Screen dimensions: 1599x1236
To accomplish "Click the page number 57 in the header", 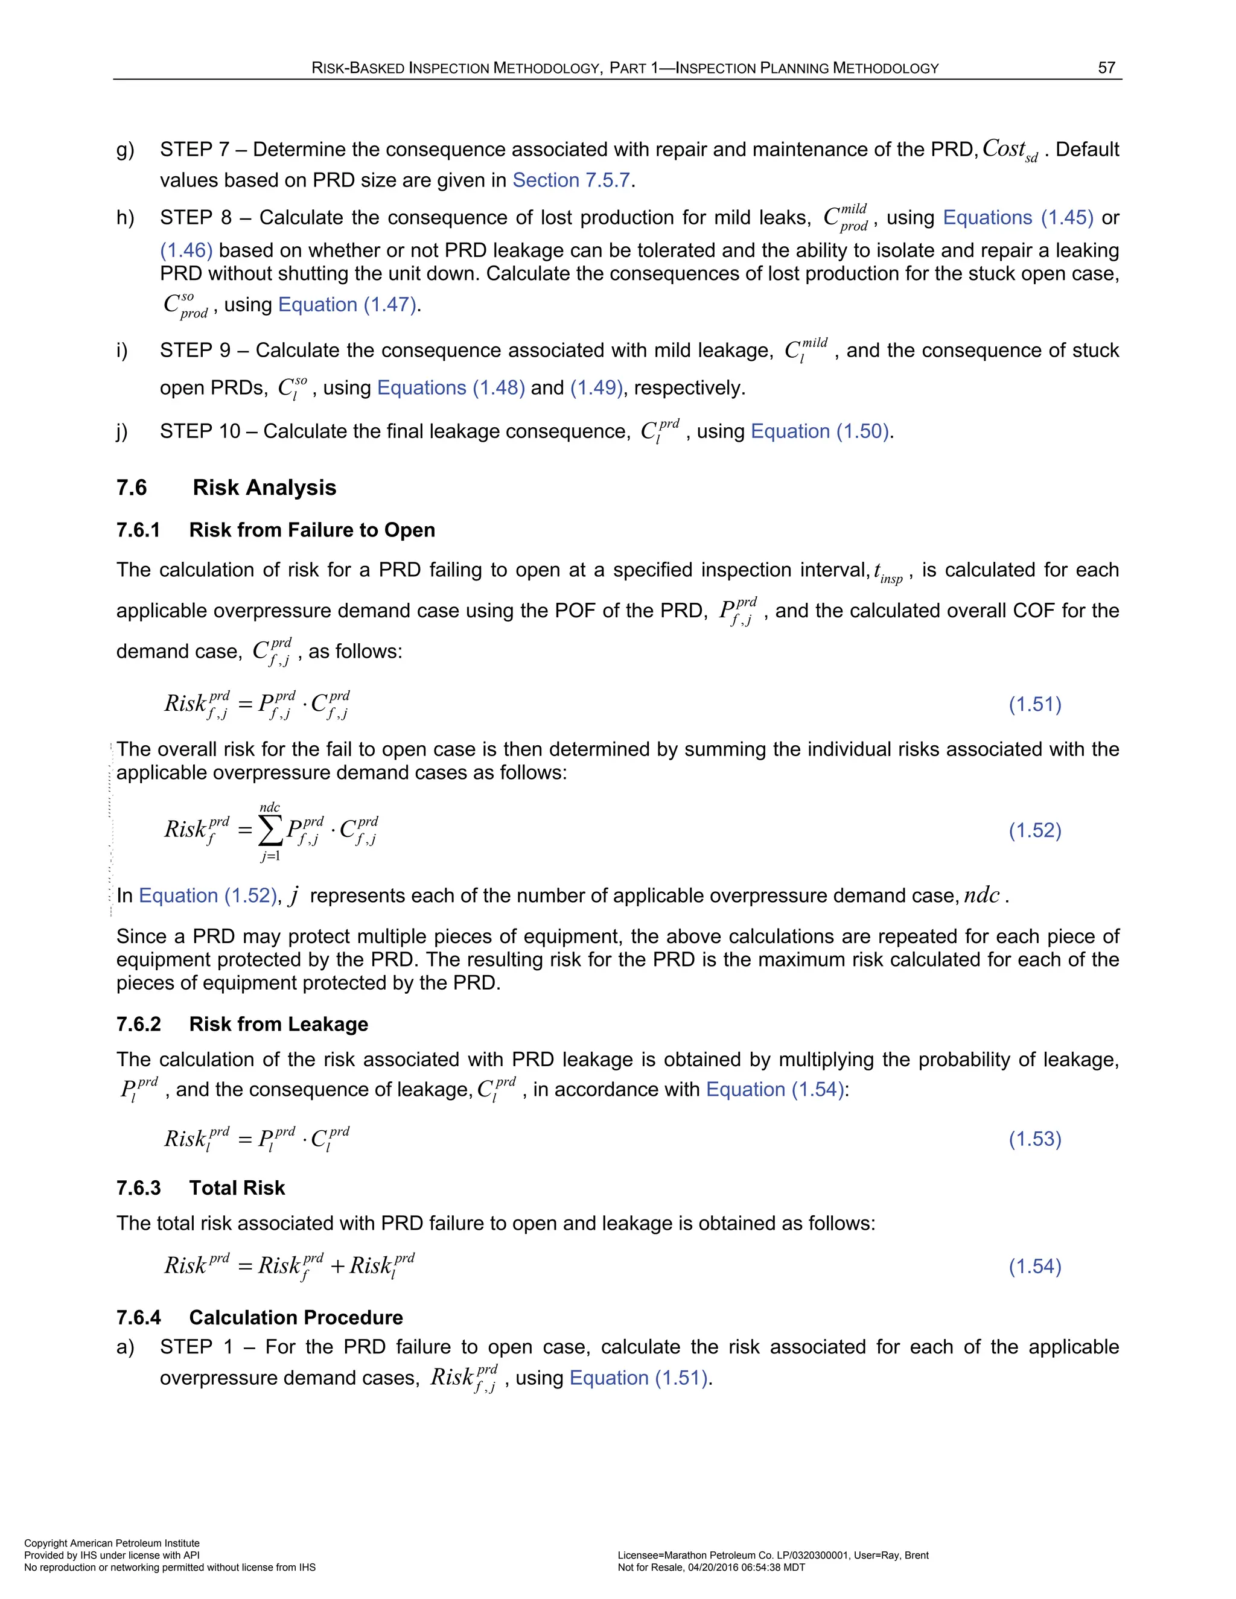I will point(1106,68).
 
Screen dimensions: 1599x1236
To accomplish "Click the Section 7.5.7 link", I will point(571,180).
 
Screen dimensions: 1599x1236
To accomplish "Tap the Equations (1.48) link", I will point(450,387).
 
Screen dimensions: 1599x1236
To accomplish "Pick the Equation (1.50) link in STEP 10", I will point(821,431).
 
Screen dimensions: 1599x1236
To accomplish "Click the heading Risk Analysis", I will point(264,488).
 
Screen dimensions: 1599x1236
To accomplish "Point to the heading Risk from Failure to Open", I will point(312,530).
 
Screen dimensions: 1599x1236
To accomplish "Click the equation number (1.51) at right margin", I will point(1034,704).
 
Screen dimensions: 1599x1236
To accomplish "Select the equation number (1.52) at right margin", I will point(1034,830).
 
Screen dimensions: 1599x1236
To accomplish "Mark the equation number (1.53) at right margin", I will point(1034,1139).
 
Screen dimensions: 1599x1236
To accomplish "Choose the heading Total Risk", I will point(237,1187).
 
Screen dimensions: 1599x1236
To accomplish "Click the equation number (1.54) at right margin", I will point(1034,1266).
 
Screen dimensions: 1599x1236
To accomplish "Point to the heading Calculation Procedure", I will point(296,1317).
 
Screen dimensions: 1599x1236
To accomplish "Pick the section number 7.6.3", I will point(138,1187).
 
